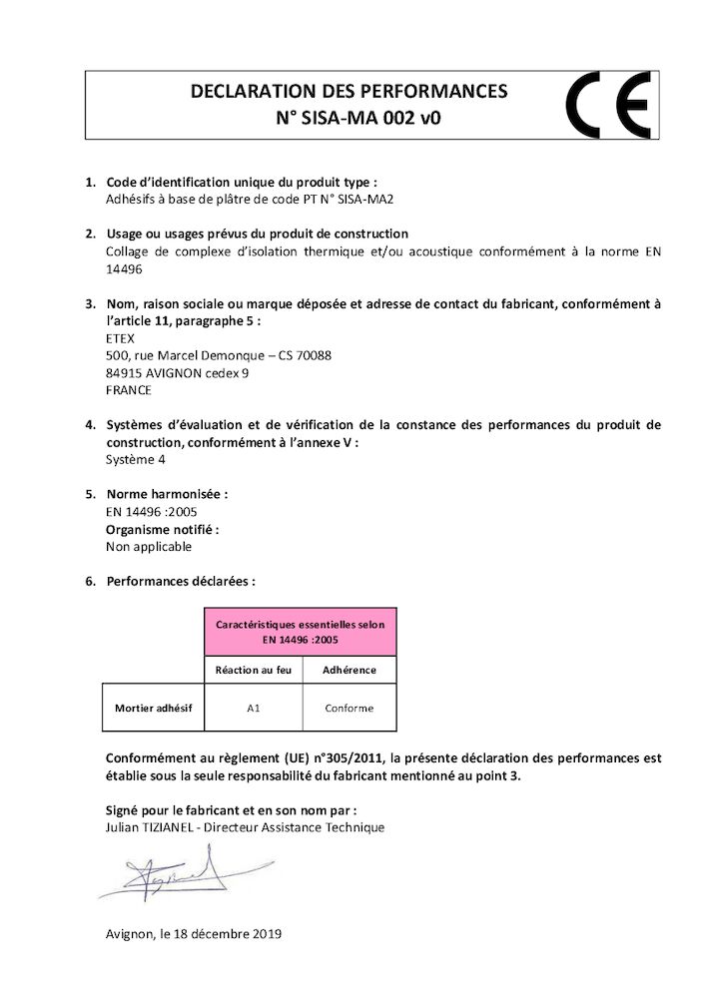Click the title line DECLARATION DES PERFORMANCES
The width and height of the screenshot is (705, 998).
(x=349, y=92)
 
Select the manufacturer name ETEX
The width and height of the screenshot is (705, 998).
(x=121, y=337)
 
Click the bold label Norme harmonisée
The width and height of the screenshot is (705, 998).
(x=167, y=494)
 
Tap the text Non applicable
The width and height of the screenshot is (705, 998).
(x=149, y=546)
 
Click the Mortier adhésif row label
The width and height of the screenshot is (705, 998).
(x=153, y=709)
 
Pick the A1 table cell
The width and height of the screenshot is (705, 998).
(x=253, y=709)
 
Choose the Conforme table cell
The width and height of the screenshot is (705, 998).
(x=349, y=709)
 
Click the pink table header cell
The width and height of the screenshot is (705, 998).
(x=300, y=631)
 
